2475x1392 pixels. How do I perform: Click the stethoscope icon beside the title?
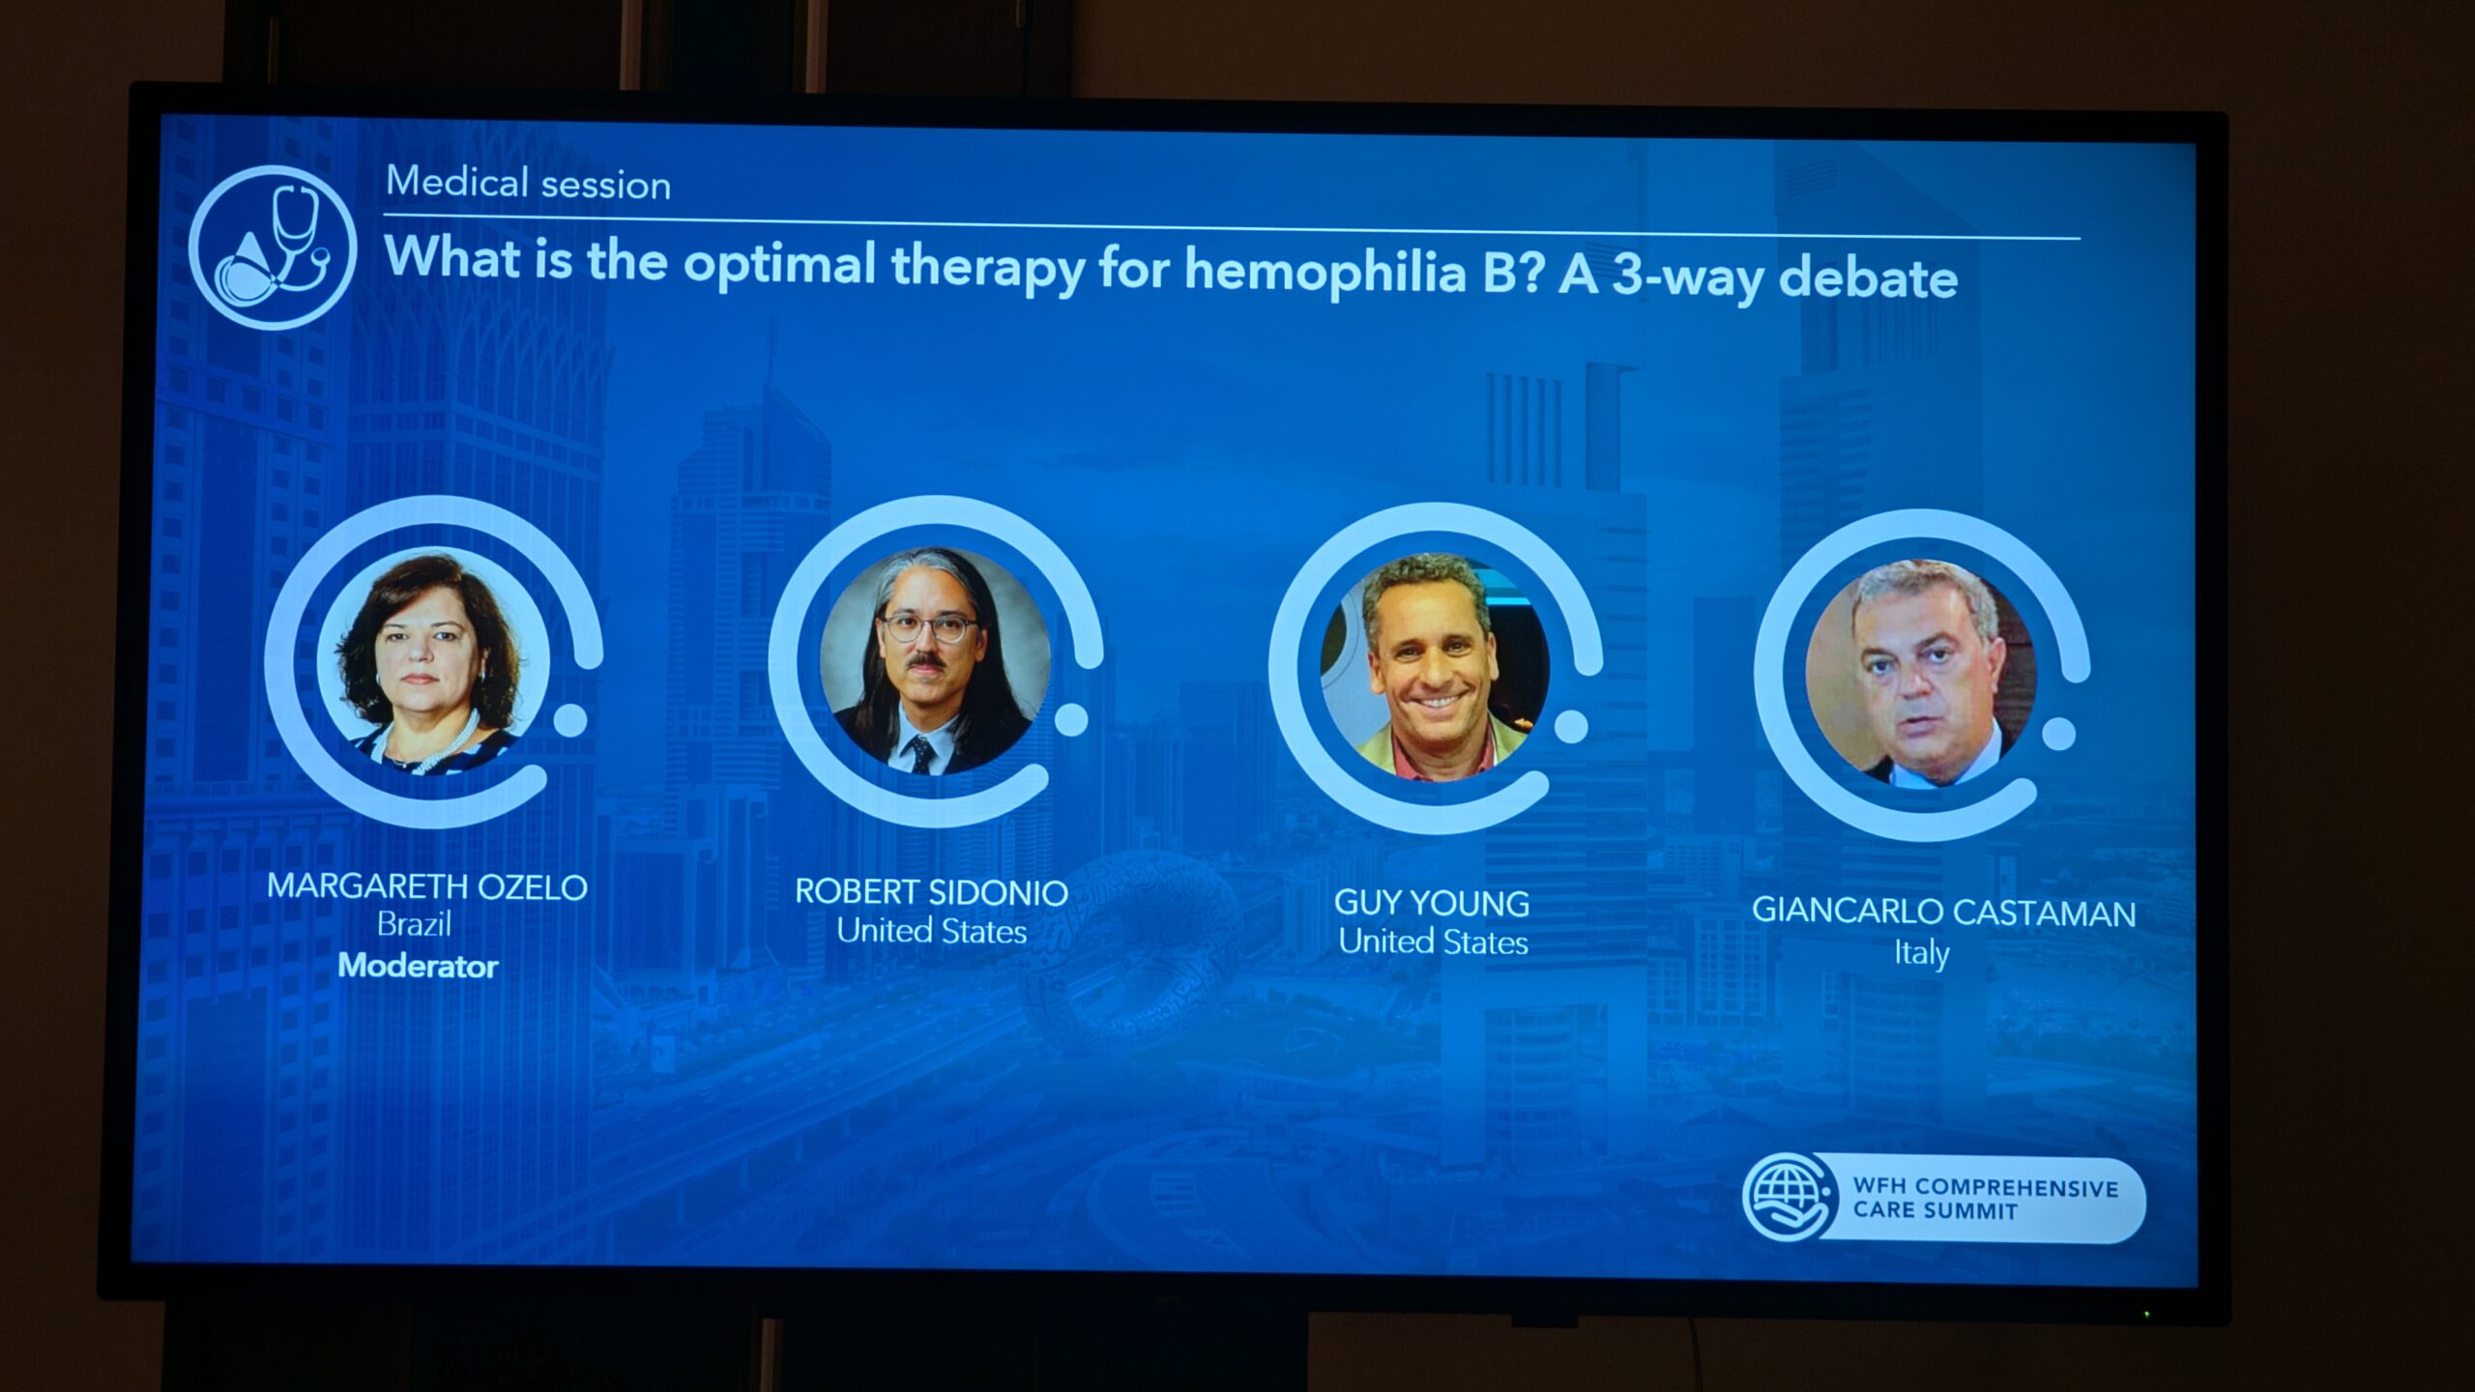273,247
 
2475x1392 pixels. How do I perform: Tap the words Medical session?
528,183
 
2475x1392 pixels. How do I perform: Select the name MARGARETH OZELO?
427,886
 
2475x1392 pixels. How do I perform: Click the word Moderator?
418,966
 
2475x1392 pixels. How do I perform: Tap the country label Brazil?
414,925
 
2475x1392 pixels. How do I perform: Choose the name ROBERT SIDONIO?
931,892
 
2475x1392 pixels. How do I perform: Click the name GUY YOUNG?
1432,903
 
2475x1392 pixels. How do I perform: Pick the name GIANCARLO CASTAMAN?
1943,913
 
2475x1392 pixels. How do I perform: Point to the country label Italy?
1921,953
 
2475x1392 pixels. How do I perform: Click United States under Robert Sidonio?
931,931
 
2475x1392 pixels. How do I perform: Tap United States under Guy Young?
1433,942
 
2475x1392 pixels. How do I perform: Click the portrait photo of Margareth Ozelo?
432,661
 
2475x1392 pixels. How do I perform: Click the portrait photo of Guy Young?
1435,666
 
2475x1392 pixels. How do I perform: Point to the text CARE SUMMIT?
1935,1210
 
